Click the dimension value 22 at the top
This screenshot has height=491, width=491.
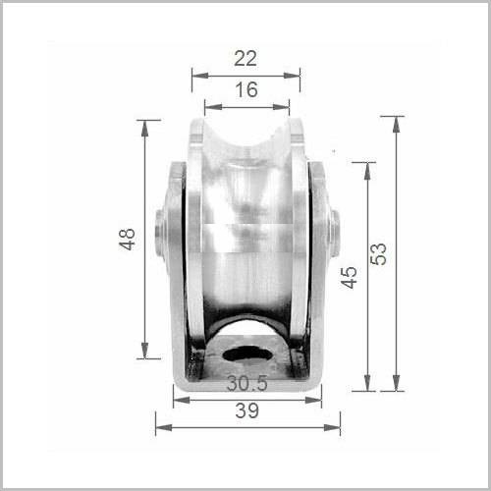[x=245, y=58]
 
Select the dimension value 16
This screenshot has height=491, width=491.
[x=245, y=89]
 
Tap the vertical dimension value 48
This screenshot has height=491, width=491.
[x=128, y=240]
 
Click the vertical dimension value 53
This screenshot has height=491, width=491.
[x=379, y=252]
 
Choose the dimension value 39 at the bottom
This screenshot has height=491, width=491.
[x=247, y=411]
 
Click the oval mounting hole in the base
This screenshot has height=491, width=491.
[x=245, y=354]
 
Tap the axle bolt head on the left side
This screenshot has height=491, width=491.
[x=160, y=234]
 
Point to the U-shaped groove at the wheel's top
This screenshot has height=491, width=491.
[x=246, y=147]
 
